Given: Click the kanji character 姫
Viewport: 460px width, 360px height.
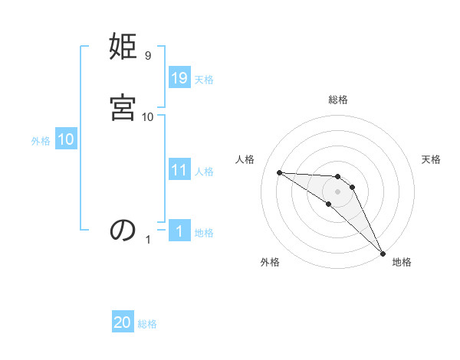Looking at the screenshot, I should (123, 48).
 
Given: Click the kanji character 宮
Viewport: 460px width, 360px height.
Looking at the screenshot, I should (123, 108).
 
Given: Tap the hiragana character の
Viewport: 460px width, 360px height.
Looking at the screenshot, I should (123, 230).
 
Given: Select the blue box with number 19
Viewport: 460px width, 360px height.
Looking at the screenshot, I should (179, 78).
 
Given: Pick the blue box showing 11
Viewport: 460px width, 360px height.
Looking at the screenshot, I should (179, 170).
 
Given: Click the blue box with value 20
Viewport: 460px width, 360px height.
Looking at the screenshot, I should (123, 322).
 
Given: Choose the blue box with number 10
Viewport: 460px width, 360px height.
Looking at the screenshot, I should (66, 139).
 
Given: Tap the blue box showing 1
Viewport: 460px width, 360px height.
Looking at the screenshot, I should (179, 231).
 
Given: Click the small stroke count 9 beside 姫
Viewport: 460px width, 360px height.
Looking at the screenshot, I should (147, 56).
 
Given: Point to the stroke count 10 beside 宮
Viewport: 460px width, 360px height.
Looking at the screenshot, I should (148, 116).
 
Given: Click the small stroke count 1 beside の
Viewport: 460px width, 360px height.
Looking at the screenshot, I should (148, 240).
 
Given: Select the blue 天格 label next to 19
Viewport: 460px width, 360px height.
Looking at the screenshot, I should (204, 80).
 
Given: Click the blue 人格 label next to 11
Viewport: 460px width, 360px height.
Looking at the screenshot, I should (204, 172).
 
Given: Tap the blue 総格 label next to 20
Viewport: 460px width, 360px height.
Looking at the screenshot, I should (147, 324).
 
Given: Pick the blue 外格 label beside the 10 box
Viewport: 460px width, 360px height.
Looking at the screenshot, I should (41, 141).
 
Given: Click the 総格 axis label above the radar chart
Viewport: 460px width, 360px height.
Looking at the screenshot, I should (338, 100).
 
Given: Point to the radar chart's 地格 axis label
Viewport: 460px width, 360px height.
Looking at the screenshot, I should (402, 262).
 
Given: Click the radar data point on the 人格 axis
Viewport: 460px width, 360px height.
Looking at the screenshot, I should (279, 172).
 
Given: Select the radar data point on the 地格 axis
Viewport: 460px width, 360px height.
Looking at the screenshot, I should (383, 254).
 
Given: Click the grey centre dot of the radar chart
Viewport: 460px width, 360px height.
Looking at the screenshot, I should (337, 191).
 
